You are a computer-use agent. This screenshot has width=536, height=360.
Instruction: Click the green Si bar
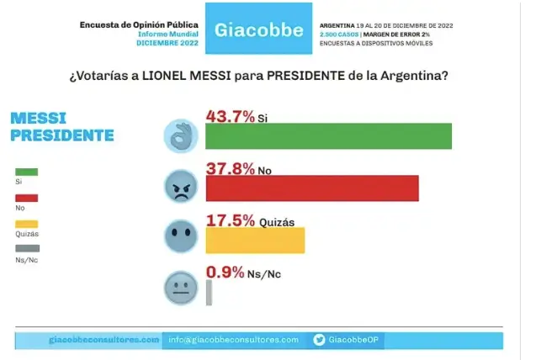328,136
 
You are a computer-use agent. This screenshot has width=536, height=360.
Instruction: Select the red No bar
311,188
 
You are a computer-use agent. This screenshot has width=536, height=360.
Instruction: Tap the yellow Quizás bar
255,240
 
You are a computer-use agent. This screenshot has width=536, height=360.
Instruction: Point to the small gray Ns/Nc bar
209,291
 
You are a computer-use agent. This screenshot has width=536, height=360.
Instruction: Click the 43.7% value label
231,116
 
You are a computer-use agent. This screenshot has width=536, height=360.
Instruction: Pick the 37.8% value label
231,168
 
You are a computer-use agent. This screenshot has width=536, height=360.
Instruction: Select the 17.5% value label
231,220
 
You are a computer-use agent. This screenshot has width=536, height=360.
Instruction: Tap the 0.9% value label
225,272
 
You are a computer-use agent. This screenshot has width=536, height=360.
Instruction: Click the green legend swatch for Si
27,172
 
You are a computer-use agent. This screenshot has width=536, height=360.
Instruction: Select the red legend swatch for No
27,198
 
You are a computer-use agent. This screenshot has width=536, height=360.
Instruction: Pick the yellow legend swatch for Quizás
27,224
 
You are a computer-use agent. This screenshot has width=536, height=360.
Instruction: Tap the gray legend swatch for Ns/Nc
27,249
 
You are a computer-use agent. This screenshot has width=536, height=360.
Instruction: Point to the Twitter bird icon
320,340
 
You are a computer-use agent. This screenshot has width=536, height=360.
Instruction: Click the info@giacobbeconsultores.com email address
233,340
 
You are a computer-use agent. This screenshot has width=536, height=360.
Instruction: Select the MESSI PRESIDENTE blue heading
61,126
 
